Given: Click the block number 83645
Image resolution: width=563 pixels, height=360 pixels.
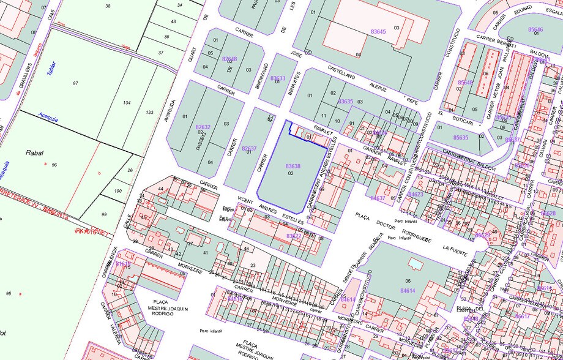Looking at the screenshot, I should (x=378, y=31).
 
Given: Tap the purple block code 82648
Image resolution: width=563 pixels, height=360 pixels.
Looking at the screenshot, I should (x=229, y=59).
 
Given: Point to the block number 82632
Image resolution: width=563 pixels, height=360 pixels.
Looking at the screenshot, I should (x=203, y=127).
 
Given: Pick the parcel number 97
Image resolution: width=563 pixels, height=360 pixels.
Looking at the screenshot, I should (x=75, y=83).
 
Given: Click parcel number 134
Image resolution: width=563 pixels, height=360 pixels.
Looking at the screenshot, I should (x=127, y=103).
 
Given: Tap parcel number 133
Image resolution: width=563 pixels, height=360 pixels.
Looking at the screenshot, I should (x=149, y=112).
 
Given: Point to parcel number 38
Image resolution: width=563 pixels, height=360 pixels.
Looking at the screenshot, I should (x=108, y=6).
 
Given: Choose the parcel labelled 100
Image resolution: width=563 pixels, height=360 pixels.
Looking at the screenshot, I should (x=119, y=192).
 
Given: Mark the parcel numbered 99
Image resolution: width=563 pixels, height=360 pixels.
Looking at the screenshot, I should (x=103, y=214).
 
